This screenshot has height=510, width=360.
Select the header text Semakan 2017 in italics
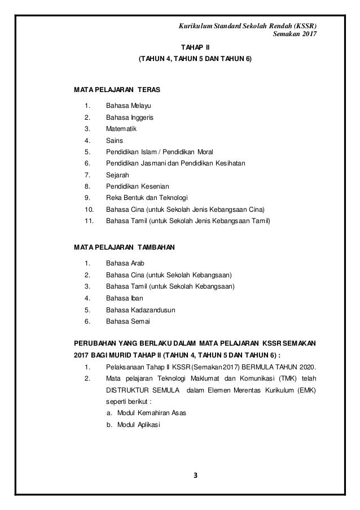click(295, 36)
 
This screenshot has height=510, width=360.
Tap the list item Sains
click(115, 140)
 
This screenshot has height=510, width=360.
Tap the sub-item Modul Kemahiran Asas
click(146, 413)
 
